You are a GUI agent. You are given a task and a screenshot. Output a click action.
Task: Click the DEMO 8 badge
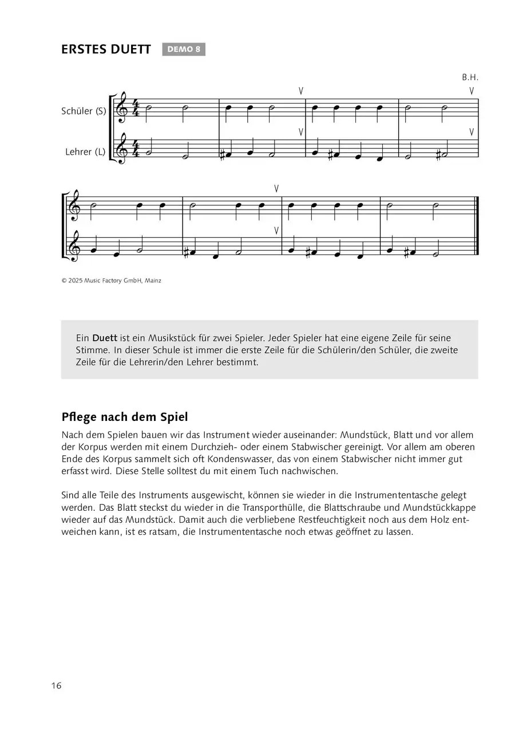pos(183,49)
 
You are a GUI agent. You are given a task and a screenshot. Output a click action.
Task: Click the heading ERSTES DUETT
pos(106,50)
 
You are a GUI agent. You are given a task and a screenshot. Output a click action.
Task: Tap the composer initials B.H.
pos(469,77)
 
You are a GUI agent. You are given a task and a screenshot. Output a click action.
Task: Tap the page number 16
pos(56,685)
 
